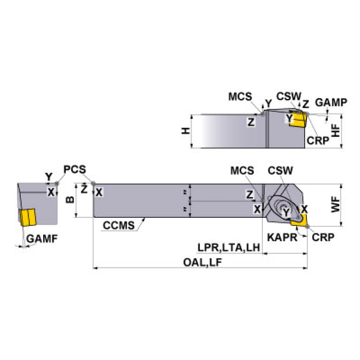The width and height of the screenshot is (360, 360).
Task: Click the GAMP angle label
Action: click(331, 102)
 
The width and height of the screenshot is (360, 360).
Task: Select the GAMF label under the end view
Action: click(42, 238)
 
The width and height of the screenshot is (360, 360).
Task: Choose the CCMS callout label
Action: click(118, 226)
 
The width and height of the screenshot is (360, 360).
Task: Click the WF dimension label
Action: click(335, 206)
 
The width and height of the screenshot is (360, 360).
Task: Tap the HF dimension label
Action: click(335, 130)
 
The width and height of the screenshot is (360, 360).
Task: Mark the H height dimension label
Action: click(186, 131)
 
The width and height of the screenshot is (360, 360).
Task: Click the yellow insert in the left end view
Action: click(28, 217)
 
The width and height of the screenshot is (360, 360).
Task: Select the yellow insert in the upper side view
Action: click(297, 120)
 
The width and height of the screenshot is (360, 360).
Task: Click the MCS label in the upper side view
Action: click(241, 97)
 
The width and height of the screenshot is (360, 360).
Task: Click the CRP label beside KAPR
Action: click(323, 237)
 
